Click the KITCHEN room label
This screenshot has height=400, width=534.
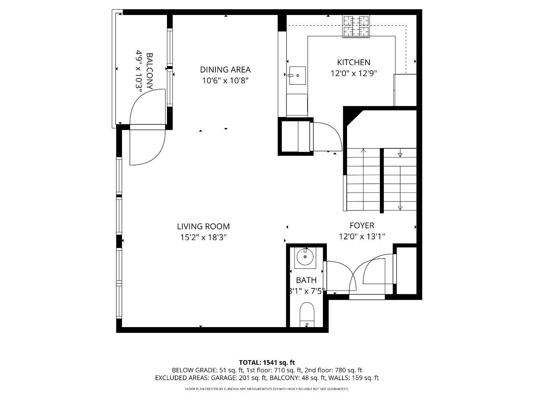point(354,63)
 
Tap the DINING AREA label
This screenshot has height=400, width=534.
point(225,70)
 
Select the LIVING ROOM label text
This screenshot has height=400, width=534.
point(203,226)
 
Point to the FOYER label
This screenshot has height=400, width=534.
point(362,225)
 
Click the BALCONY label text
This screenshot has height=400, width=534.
point(150,71)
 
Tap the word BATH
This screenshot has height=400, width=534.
point(306,280)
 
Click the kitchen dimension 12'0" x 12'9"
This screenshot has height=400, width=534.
point(354,73)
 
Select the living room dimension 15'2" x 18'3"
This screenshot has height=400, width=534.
point(203,237)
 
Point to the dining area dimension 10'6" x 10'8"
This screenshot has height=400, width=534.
point(225,80)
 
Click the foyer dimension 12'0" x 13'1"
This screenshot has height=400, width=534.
point(362,236)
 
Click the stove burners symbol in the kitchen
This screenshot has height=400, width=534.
point(356,26)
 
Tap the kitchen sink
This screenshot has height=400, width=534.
point(297,75)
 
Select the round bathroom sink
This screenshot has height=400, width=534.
point(305,257)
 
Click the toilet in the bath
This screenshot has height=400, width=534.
point(307,315)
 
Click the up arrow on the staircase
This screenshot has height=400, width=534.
point(363,179)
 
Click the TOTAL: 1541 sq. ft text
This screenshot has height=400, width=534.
point(267,363)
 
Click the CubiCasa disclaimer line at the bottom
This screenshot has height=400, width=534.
point(267,389)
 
